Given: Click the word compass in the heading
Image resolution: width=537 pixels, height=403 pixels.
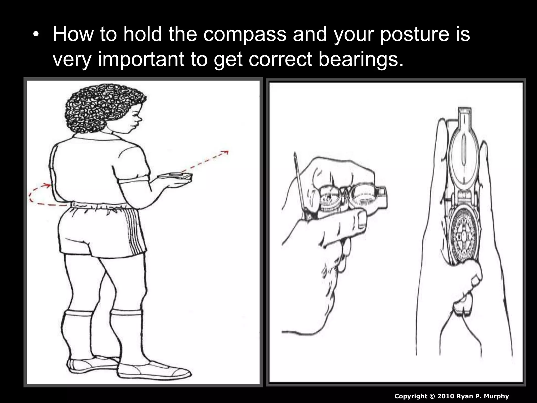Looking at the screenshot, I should click(x=244, y=35).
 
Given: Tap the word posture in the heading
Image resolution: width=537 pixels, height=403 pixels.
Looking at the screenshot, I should click(x=414, y=35).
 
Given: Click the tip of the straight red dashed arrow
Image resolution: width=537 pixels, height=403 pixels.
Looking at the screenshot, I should click(x=227, y=152).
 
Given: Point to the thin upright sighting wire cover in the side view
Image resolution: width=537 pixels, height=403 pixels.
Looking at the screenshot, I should click(x=299, y=184).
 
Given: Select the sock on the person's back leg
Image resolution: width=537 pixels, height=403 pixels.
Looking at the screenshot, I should click(x=77, y=333).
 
